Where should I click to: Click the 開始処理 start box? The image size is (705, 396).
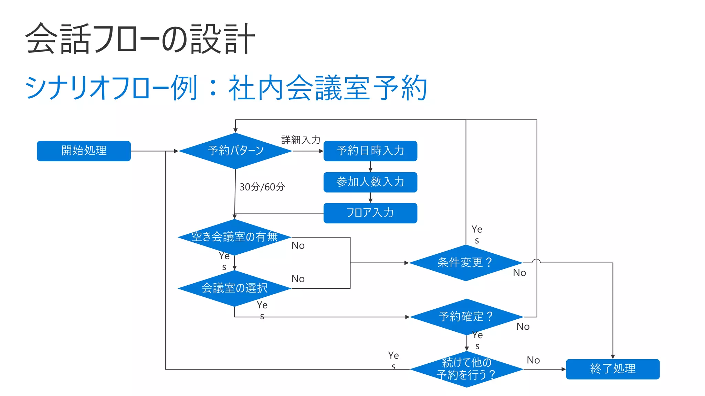point(84,151)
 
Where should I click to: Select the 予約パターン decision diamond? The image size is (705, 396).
point(235,151)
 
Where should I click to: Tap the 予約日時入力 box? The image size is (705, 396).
point(370,151)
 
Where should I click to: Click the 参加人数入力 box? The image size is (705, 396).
point(370,182)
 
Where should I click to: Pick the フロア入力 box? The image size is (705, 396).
point(370,213)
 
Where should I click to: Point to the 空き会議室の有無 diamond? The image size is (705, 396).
point(234,237)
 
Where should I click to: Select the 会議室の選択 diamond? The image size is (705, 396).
point(234,288)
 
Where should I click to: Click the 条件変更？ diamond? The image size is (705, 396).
point(465,263)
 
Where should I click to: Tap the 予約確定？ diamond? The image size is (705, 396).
point(466,317)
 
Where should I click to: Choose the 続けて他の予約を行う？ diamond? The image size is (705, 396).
point(466,369)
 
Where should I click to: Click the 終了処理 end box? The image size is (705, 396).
point(612,369)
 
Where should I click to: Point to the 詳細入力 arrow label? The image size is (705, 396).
point(301,140)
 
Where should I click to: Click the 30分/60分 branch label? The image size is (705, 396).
point(262,187)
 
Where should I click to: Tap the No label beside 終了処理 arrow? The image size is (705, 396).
point(533,360)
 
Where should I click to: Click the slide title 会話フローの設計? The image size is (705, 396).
point(140,38)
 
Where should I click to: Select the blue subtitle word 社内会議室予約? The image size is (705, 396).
point(328,88)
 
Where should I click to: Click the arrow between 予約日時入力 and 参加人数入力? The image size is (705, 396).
point(370,167)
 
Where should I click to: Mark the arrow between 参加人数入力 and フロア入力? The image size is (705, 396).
point(370,198)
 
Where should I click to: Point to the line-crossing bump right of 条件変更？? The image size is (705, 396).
point(536,261)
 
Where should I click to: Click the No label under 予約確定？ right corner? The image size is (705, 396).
point(523,327)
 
